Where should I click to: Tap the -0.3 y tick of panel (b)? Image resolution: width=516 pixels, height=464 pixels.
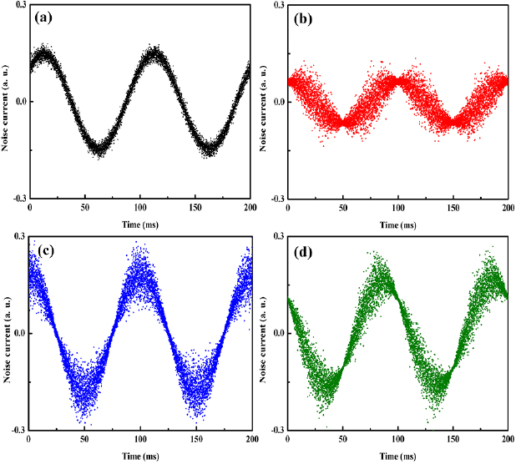276,199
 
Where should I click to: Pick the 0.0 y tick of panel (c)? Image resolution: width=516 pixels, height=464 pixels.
19,333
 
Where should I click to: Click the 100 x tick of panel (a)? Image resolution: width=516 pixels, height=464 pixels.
139,208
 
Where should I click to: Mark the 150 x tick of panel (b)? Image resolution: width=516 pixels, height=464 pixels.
453,208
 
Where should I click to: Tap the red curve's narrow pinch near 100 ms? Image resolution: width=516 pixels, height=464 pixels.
397,80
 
